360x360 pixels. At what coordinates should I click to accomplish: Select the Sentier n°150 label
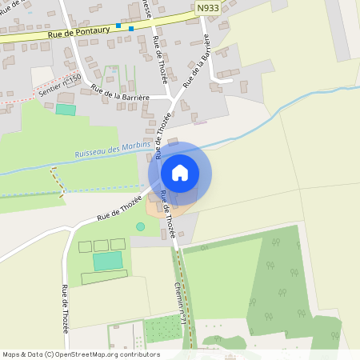tap(61, 87)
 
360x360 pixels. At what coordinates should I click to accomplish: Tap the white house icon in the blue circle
tap(179, 173)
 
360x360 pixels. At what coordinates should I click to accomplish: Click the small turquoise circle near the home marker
tap(141, 227)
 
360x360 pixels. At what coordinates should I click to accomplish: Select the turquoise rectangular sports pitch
tap(108, 261)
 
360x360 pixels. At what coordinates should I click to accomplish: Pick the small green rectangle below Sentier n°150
tap(65, 109)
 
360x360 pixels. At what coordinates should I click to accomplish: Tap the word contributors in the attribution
tap(141, 354)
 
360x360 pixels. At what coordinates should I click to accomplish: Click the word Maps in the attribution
tap(12, 354)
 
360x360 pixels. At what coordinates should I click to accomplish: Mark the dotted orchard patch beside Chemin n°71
tap(163, 328)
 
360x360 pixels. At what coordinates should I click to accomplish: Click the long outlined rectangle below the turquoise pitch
tap(104, 277)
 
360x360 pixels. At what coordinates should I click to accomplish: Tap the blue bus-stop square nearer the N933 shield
tap(131, 29)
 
